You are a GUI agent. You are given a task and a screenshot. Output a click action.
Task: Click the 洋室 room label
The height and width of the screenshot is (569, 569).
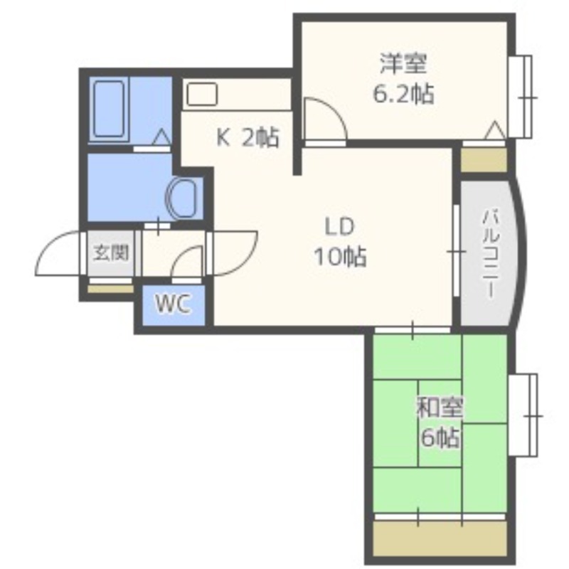point(403,63)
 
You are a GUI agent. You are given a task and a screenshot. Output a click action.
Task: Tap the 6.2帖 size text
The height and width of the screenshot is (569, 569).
point(403,94)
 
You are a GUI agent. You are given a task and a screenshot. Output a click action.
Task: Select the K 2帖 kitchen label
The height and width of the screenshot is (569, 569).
point(248,137)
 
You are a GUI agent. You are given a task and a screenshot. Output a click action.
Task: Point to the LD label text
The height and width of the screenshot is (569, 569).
point(339,226)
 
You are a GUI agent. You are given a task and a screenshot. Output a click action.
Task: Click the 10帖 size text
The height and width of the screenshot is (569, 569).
point(340,257)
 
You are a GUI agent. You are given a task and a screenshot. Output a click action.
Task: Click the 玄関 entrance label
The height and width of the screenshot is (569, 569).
point(111,252)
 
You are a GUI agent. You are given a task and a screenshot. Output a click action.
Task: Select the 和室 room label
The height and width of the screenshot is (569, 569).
point(440,408)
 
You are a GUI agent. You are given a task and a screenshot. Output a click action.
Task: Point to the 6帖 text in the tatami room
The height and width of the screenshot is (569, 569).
point(440,437)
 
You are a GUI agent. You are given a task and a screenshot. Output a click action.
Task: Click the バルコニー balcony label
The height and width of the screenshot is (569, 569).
point(490,254)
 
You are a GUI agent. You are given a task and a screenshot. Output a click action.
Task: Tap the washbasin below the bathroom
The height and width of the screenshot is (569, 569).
point(184,198)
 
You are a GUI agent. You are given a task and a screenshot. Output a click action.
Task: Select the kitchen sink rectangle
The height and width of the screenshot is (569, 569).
point(202,95)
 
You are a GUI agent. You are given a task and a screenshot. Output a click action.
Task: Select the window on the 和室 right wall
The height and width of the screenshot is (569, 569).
point(523,415)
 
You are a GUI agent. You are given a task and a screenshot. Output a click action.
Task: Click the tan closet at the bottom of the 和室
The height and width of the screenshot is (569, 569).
point(440,539)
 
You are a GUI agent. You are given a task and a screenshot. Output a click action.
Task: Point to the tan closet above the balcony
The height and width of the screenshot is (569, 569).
point(484,159)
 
